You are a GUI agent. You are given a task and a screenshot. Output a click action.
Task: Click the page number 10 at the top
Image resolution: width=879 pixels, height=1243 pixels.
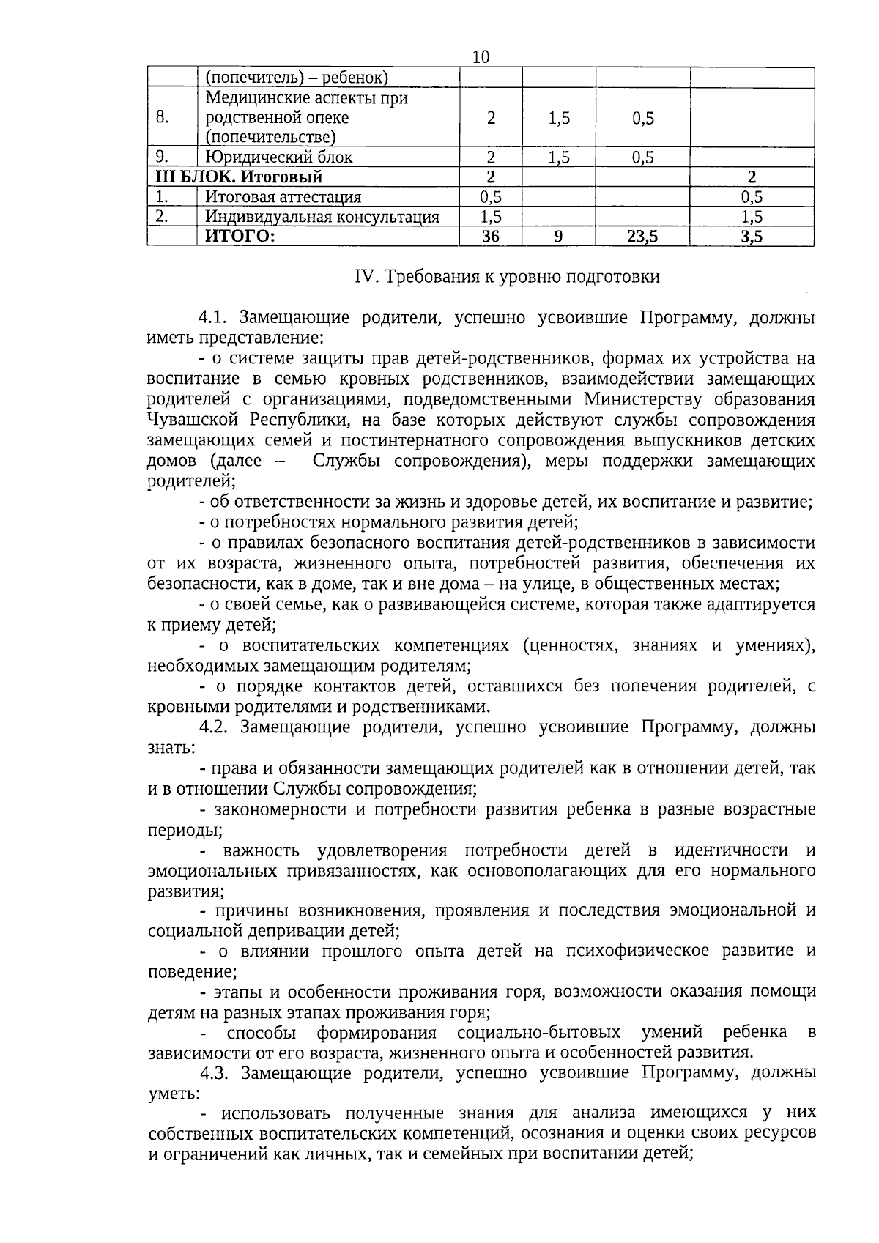(x=481, y=57)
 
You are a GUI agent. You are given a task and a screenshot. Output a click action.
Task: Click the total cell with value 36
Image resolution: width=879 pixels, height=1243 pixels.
(x=490, y=236)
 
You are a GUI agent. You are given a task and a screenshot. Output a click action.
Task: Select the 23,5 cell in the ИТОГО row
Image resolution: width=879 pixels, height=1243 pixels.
(x=642, y=236)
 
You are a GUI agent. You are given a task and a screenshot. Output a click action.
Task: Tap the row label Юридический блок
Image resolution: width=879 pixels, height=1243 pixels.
(x=278, y=157)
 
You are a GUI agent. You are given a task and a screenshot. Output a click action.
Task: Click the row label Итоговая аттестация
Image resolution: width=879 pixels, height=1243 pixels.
(x=283, y=196)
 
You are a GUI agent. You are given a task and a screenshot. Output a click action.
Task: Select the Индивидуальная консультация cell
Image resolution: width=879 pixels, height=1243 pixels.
(x=322, y=216)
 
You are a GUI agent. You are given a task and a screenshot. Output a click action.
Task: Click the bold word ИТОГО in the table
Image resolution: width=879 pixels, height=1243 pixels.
(x=240, y=236)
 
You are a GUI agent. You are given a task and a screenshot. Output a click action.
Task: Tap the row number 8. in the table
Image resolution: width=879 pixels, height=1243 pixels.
(x=163, y=117)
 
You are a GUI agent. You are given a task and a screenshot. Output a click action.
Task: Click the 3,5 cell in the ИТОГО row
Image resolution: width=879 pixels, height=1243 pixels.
(x=752, y=236)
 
